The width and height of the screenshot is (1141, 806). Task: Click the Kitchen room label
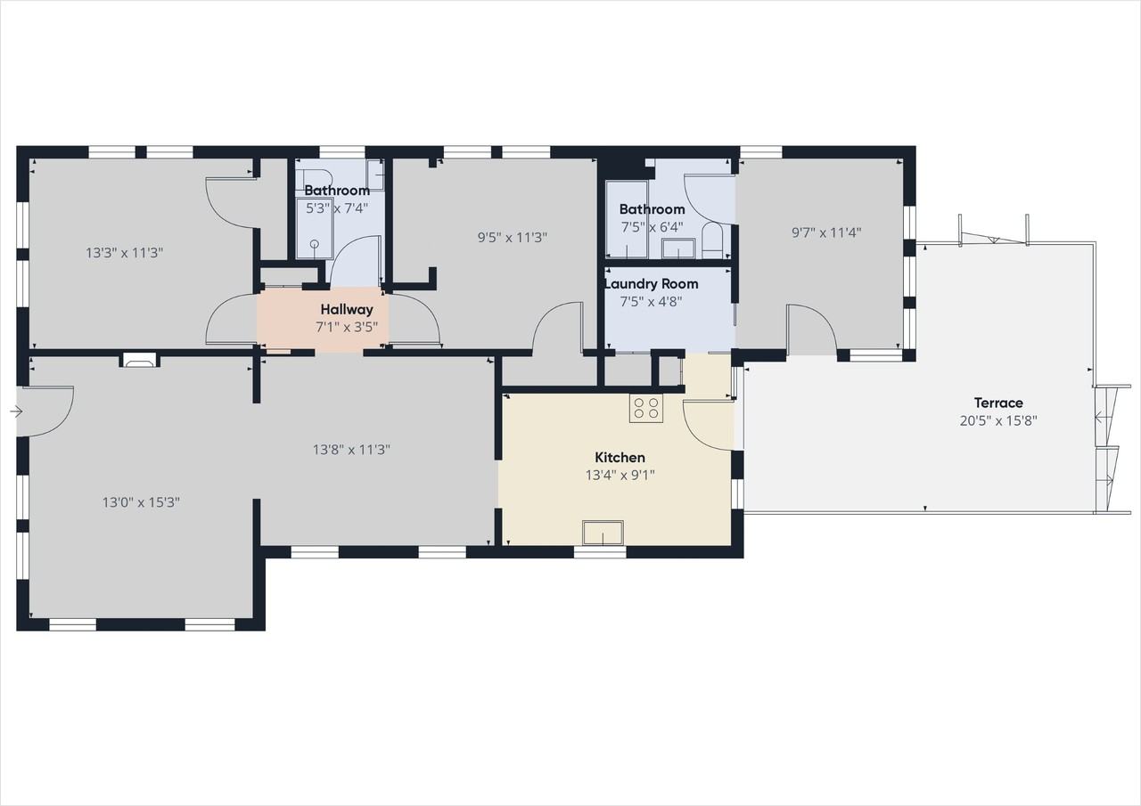click(620, 458)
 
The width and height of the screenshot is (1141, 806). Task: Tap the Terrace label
click(998, 403)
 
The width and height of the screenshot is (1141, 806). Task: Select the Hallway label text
click(347, 309)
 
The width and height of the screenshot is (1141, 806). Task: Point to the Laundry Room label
click(652, 284)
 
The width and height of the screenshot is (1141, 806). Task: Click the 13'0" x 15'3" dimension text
click(141, 502)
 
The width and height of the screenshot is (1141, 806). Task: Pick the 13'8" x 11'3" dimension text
click(351, 450)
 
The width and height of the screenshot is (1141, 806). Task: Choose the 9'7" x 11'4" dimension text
click(826, 233)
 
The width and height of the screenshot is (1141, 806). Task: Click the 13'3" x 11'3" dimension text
click(124, 253)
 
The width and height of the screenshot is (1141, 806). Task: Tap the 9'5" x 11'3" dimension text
click(513, 238)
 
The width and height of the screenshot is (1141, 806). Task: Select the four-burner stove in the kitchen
click(646, 408)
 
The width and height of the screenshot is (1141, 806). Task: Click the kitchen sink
click(603, 533)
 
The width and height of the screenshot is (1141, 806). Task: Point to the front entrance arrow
click(16, 411)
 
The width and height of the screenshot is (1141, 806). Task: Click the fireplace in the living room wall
click(140, 361)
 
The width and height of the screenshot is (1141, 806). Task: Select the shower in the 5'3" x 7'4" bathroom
click(315, 229)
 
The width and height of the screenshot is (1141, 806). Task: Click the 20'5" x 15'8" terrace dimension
click(998, 421)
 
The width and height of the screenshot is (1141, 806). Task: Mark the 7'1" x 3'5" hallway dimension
click(347, 327)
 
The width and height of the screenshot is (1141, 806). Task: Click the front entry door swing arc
click(48, 411)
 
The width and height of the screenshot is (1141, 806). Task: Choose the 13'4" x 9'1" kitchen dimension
click(620, 476)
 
